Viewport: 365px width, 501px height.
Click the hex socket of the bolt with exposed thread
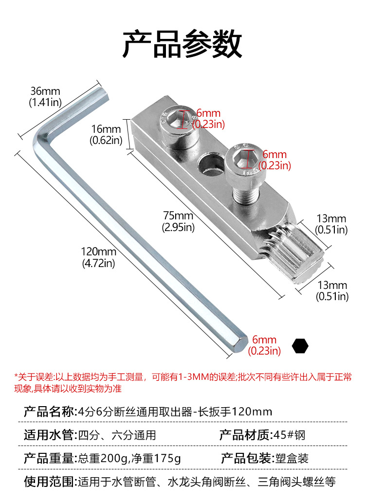(246, 158)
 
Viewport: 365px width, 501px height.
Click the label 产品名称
(50, 412)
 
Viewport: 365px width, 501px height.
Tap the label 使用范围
(50, 482)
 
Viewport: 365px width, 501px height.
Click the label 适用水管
(50, 435)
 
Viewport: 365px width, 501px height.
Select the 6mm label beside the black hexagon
(264, 345)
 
